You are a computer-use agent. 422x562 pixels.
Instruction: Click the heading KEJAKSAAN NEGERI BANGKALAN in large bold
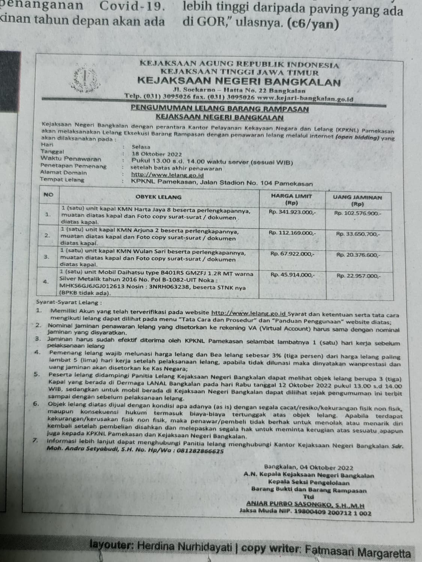239,82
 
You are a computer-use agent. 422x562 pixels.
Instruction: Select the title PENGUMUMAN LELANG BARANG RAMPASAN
220,109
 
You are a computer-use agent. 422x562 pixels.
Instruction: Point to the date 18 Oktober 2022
157,154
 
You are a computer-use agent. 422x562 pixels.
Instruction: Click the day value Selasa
141,147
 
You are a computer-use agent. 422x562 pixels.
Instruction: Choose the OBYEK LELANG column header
158,197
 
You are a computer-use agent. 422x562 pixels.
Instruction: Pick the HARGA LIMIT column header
291,199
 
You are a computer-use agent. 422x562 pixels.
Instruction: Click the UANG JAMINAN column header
357,200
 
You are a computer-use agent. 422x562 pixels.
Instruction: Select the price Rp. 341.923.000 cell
292,212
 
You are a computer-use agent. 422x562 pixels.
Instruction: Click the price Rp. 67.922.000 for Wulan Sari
292,254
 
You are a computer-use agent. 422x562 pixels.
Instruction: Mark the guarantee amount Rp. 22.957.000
358,276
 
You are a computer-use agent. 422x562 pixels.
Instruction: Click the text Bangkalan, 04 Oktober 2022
308,468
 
